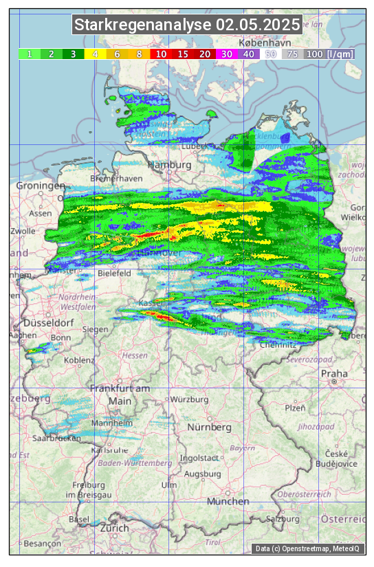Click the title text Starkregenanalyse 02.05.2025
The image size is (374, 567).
[x=187, y=25]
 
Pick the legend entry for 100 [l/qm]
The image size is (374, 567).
[x=330, y=54]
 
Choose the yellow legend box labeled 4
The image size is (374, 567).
[x=95, y=54]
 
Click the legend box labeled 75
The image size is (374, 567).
[x=292, y=54]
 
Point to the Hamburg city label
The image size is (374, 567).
[x=169, y=166]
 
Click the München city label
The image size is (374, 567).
[x=228, y=502]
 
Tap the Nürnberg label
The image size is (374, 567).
[x=210, y=427]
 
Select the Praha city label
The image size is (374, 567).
[x=334, y=375]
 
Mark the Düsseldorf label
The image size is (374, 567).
[x=48, y=323]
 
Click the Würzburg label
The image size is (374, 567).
[x=189, y=399]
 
